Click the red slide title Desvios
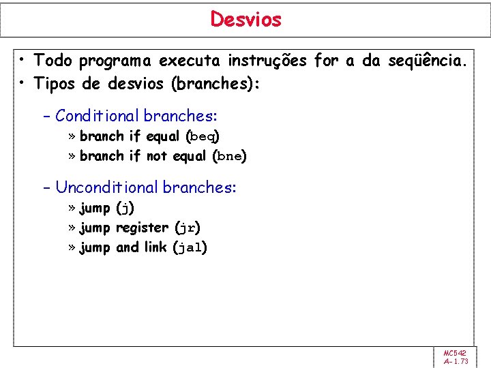[245, 19]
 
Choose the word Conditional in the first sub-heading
[98, 117]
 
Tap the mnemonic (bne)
[229, 156]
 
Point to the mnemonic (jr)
[188, 228]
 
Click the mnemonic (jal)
[190, 247]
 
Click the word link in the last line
[155, 247]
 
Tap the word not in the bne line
[156, 156]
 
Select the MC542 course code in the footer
[454, 352]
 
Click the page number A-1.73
[455, 361]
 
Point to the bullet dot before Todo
[23, 61]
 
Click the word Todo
[53, 61]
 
